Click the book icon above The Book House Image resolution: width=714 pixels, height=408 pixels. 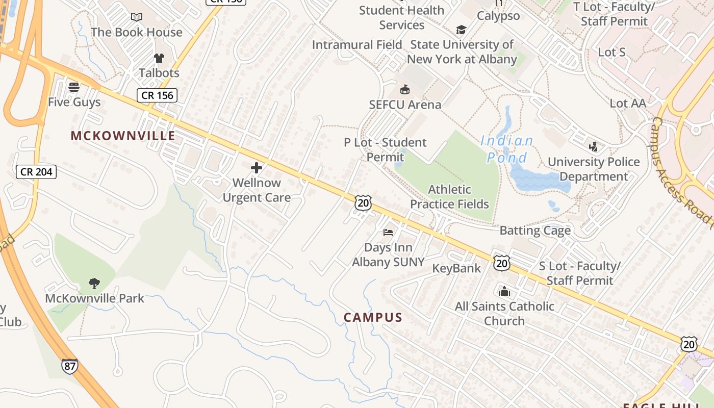point(136,17)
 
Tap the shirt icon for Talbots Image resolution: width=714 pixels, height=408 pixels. point(159,58)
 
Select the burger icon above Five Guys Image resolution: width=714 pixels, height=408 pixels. point(74,87)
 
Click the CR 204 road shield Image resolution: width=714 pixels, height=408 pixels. point(36,172)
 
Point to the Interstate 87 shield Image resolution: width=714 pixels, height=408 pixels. point(70,366)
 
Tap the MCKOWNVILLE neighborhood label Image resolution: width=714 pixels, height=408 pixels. point(123,136)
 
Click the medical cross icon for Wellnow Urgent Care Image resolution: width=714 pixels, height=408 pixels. point(257,167)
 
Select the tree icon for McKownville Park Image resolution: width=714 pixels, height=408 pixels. point(94,283)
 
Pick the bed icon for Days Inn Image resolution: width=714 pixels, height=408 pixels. point(388,233)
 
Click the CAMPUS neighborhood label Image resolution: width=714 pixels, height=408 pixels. point(373,317)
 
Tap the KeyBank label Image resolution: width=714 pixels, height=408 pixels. point(456,268)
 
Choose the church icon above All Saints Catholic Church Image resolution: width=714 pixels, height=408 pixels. point(504,291)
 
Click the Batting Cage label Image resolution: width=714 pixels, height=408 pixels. point(535,231)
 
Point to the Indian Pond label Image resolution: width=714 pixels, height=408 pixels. point(507,149)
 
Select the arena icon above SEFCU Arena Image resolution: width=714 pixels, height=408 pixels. point(405,90)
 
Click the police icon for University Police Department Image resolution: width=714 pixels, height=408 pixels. point(593,147)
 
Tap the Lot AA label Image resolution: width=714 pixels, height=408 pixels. point(628,103)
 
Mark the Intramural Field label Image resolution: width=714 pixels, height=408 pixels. point(357,45)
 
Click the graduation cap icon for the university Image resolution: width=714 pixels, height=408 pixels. point(462,30)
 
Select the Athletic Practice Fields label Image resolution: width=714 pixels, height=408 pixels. point(449,197)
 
